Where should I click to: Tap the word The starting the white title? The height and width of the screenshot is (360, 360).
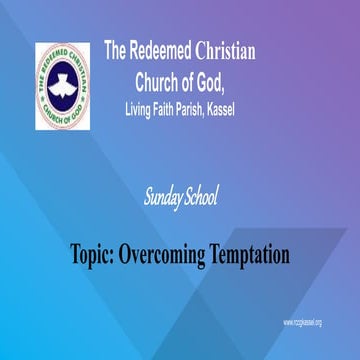(x=116, y=51)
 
